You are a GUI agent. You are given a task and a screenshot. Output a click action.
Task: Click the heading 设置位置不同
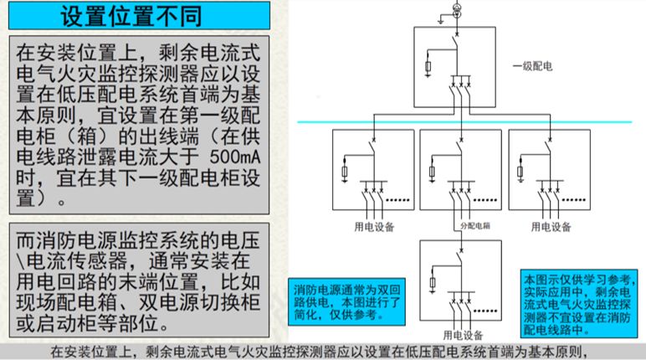coord(135,14)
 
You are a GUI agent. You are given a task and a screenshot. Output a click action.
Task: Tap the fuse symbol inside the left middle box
coord(346,173)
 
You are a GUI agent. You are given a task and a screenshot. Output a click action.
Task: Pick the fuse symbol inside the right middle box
coord(520,173)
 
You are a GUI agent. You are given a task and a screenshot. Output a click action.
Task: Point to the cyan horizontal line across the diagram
coord(469,122)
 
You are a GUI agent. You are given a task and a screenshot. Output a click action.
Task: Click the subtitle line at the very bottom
coord(322,352)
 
